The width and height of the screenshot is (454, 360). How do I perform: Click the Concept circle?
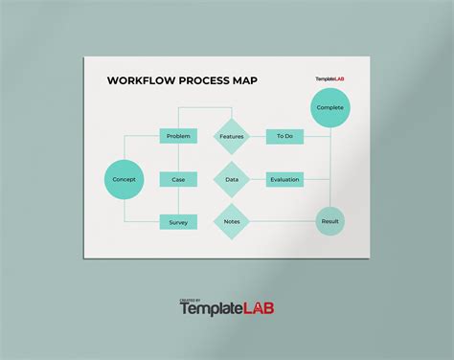123,179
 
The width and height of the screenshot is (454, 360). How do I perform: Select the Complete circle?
330,108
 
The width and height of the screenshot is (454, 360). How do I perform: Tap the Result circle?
329,222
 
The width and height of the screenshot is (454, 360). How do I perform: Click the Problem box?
178,136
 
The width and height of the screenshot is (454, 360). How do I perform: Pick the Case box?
178,179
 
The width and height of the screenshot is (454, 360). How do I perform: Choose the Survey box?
178,222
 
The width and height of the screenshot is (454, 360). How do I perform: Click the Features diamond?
232,136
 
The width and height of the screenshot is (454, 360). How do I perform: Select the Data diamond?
232,179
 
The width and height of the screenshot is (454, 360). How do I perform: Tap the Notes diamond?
232,222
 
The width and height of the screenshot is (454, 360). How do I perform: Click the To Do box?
284,136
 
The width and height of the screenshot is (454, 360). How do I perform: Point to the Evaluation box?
284,179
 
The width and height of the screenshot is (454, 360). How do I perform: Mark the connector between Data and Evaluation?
258,179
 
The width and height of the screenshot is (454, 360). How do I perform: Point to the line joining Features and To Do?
258,136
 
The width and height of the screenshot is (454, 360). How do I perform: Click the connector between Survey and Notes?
205,222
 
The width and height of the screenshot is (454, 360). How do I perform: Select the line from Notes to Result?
283,222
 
